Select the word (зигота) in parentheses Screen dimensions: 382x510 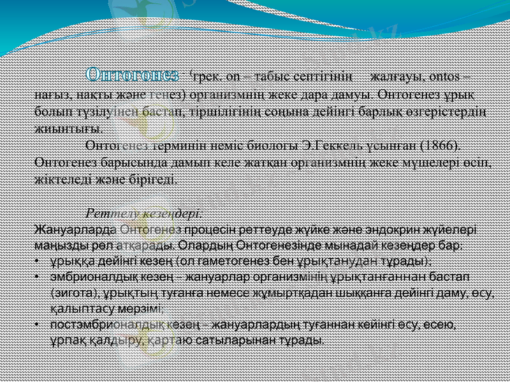71,292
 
